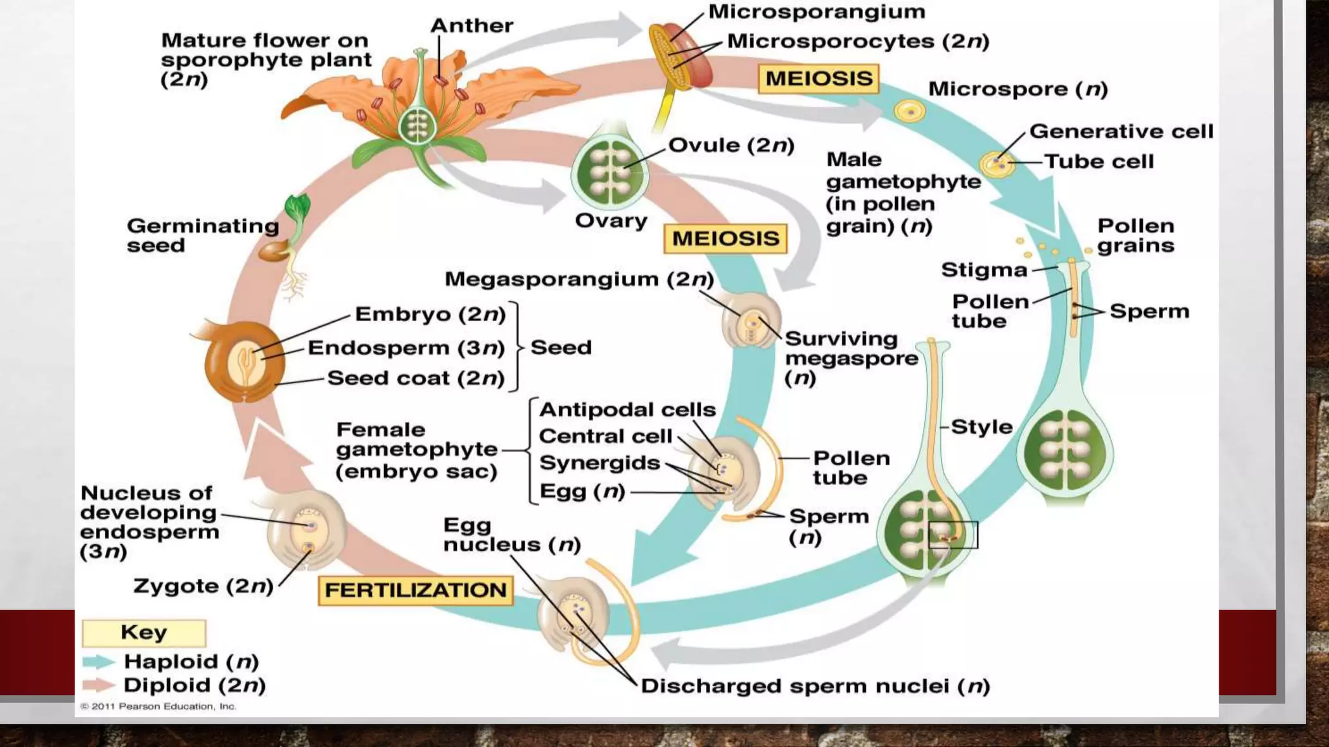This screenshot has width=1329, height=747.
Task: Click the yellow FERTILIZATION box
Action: click(415, 590)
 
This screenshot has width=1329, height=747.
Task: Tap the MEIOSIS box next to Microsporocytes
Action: click(818, 78)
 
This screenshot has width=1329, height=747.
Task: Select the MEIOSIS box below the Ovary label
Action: click(725, 239)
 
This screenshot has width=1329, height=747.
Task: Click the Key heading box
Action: click(143, 632)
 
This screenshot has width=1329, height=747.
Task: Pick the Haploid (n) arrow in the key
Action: click(99, 661)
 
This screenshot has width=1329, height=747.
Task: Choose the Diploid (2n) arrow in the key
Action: click(99, 685)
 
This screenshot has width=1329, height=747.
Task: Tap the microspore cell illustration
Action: click(909, 111)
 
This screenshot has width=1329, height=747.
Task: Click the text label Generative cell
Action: click(1121, 132)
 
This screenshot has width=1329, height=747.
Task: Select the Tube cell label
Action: click(1099, 161)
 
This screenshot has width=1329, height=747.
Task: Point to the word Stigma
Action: click(984, 270)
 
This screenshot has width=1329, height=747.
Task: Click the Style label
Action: click(981, 427)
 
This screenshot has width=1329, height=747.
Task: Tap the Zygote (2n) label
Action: click(203, 586)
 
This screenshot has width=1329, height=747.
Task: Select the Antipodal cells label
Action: click(627, 410)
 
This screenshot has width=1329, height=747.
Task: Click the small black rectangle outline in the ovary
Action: click(953, 535)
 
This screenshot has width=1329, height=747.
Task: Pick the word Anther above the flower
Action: click(472, 26)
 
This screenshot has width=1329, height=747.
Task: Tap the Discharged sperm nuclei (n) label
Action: click(815, 686)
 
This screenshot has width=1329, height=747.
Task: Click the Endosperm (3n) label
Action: click(406, 348)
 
